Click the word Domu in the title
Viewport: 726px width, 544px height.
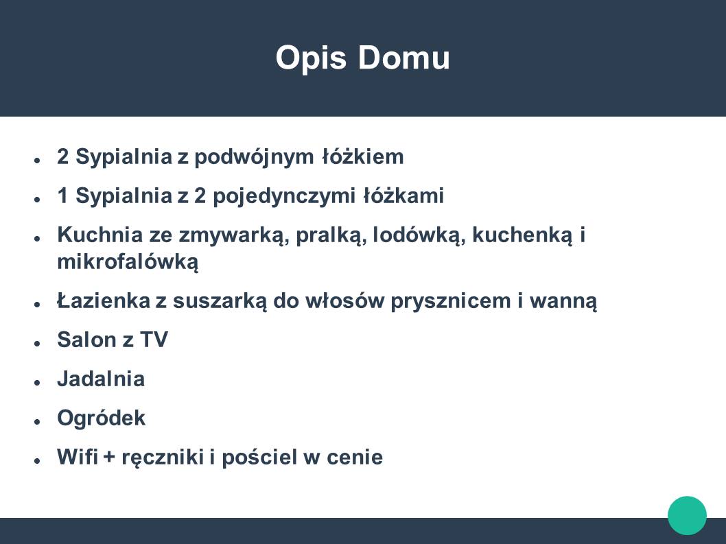pos(403,58)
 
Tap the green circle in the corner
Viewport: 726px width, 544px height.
pos(687,515)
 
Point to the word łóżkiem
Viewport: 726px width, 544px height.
pos(363,156)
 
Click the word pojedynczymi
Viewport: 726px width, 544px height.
pos(284,196)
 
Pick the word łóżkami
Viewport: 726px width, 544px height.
pos(403,196)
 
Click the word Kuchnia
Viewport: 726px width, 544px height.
pos(100,235)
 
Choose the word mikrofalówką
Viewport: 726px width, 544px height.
pos(128,263)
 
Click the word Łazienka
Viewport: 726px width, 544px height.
pos(104,301)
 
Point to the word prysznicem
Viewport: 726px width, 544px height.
pos(451,302)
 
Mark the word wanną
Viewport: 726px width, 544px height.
pos(563,303)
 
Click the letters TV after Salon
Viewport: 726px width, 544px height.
pos(154,340)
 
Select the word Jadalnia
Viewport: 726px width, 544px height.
pos(101,379)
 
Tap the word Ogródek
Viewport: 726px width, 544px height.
pos(102,418)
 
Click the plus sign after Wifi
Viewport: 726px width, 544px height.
pos(109,458)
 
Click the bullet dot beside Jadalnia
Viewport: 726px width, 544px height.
pos(38,382)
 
